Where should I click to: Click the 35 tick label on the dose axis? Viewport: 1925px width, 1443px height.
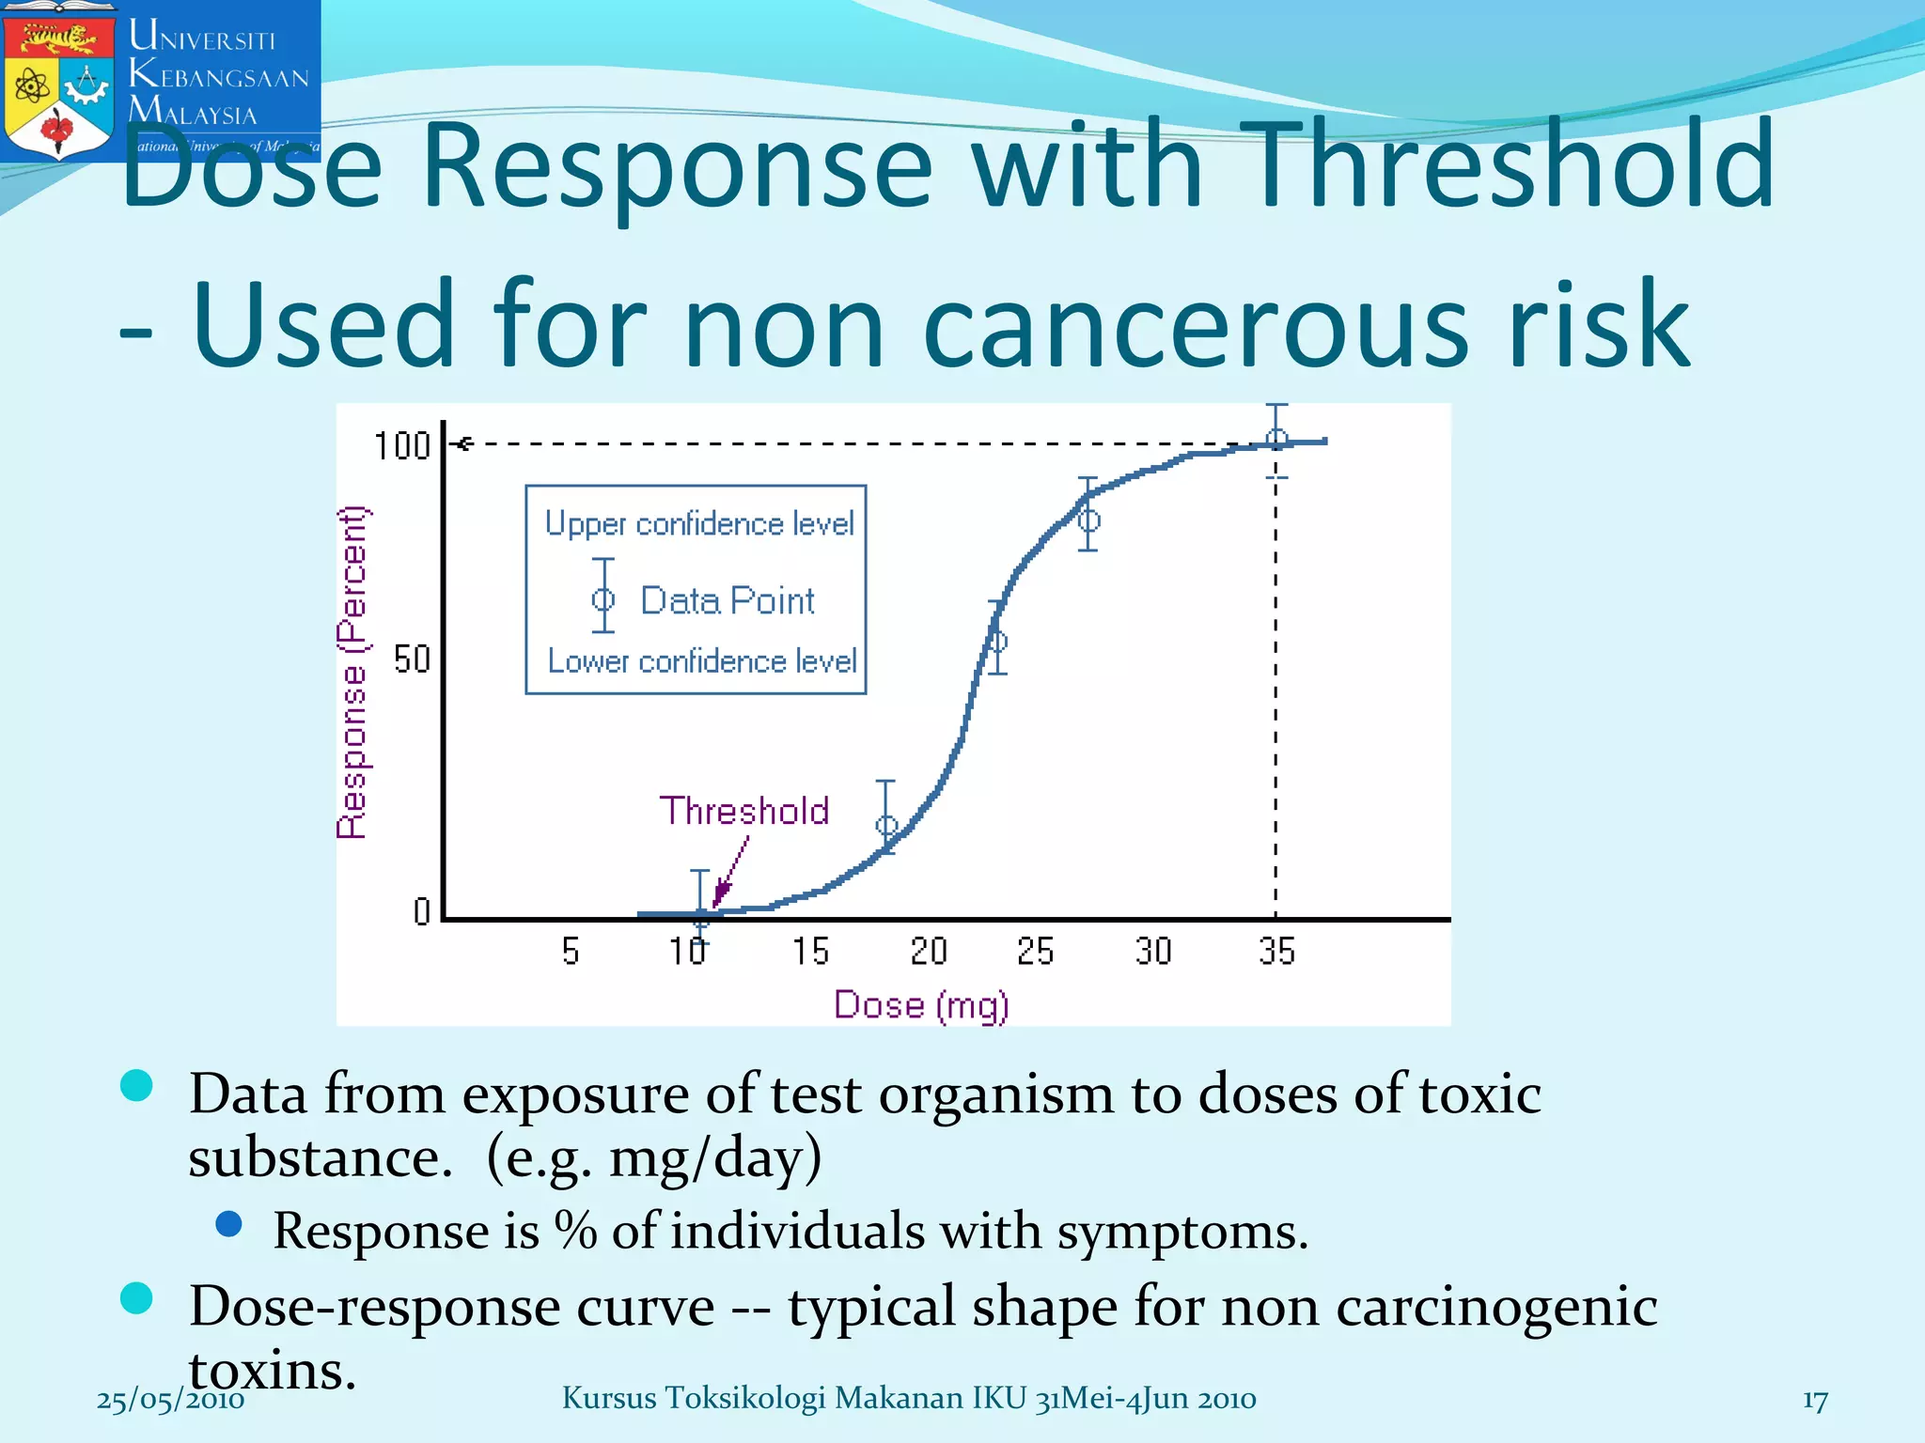click(1276, 952)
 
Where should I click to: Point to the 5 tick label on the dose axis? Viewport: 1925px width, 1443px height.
click(571, 952)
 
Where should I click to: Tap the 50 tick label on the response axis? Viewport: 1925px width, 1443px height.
click(412, 659)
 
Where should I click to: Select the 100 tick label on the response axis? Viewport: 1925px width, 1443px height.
click(402, 445)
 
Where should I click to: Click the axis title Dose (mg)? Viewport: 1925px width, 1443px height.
click(921, 1005)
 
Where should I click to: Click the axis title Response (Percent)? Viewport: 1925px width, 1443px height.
click(352, 673)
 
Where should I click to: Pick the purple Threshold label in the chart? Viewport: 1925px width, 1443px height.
click(743, 811)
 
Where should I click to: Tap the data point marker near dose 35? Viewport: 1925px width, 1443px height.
click(1276, 439)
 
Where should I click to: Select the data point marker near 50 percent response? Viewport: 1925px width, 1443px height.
click(997, 642)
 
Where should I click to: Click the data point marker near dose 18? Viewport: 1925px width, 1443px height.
click(886, 826)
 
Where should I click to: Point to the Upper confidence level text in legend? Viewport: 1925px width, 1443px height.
click(699, 524)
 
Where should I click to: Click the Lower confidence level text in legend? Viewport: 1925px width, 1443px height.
click(702, 661)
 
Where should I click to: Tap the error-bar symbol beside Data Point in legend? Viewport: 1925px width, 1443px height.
click(603, 597)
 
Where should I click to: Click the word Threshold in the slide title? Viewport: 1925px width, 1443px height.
click(1512, 165)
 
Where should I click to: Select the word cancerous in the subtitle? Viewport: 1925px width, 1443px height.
click(1195, 325)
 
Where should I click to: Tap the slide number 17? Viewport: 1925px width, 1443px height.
click(1815, 1401)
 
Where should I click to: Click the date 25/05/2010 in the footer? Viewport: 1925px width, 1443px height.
click(170, 1400)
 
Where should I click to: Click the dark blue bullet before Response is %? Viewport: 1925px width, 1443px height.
click(228, 1223)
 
